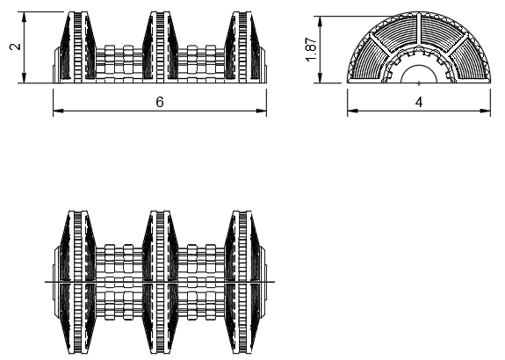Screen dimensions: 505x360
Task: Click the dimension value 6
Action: pos(160,102)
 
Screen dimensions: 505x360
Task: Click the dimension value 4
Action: pos(419,103)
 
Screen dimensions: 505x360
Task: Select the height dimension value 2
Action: pos(15,47)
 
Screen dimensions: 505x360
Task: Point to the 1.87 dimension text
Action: pos(312,49)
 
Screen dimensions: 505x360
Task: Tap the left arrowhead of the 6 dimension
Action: pos(58,112)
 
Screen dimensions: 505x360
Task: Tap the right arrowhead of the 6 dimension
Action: pos(261,112)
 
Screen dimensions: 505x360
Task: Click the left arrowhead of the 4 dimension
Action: pos(353,112)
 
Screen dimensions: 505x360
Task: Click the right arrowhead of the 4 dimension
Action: pos(485,112)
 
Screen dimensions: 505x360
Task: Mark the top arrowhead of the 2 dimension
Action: pos(24,17)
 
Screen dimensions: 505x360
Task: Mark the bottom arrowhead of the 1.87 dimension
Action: pos(321,77)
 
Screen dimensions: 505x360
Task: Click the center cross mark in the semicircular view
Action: pos(419,83)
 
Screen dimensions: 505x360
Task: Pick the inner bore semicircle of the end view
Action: pos(419,66)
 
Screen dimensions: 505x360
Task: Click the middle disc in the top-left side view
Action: pos(160,46)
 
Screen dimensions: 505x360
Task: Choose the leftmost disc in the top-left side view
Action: pos(78,46)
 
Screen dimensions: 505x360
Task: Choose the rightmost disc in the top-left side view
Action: pos(242,46)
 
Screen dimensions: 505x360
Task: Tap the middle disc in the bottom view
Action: pos(160,282)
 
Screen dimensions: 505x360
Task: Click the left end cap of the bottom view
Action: pos(56,282)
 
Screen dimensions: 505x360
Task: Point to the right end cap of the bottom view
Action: pos(263,282)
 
